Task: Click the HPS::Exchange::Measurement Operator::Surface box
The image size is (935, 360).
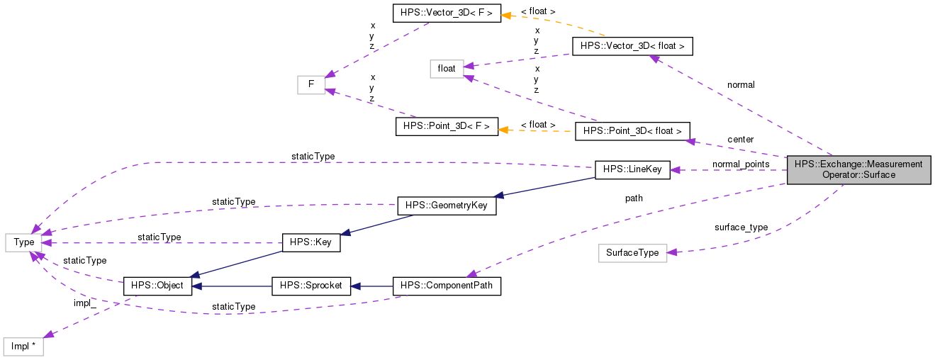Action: coord(858,169)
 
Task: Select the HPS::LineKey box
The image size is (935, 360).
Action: coord(632,170)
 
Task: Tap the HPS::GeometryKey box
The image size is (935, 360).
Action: coord(447,206)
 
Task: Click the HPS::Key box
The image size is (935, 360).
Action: coord(311,242)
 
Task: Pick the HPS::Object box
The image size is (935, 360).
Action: coord(157,286)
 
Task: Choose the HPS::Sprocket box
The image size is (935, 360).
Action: coord(311,286)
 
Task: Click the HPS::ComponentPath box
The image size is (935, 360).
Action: coord(447,286)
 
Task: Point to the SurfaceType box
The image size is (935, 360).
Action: coord(632,253)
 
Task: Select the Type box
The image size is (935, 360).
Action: coord(24,242)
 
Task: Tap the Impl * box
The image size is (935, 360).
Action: coord(23,347)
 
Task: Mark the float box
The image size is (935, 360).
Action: coord(447,69)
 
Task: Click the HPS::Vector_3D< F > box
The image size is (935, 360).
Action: coord(446,13)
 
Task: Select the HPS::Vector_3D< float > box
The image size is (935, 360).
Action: coord(632,46)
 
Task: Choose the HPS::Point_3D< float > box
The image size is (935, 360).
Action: coord(632,131)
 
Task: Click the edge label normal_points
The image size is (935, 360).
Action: coord(741,164)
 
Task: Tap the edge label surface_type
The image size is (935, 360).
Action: coord(741,227)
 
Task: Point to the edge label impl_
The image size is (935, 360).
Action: coord(84,303)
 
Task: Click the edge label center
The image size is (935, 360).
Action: coord(740,140)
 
